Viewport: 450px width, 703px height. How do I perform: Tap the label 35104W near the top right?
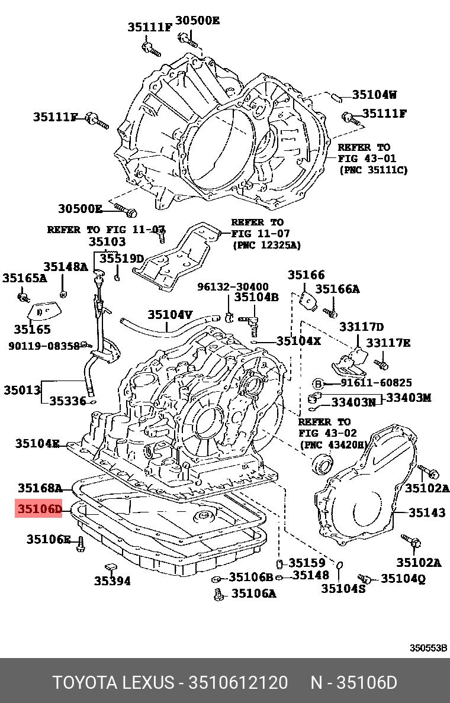(374, 95)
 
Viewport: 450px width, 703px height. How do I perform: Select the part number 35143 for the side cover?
(427, 512)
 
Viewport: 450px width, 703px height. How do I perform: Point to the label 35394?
(112, 581)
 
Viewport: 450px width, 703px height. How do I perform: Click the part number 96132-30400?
(233, 286)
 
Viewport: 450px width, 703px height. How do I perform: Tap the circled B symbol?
(318, 383)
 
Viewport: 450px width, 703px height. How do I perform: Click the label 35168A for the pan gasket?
(40, 488)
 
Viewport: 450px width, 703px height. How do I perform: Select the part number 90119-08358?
(44, 346)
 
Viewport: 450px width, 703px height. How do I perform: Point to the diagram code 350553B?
(428, 648)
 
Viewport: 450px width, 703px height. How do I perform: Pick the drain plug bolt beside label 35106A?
(218, 595)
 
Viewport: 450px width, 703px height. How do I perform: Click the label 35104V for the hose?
(170, 314)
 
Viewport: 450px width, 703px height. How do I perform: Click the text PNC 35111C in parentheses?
(373, 170)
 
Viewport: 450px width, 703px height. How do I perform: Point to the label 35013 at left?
(22, 389)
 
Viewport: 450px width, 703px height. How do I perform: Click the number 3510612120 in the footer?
(238, 683)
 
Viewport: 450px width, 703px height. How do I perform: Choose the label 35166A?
(337, 289)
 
